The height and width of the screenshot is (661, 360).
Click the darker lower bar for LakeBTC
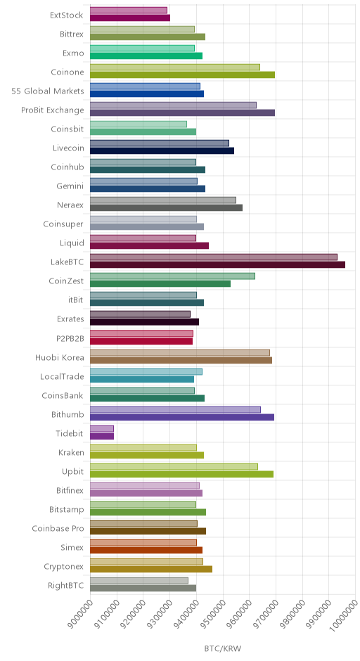(x=217, y=264)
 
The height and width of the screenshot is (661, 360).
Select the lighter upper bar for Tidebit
(x=102, y=429)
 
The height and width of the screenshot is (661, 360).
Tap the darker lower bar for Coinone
(x=183, y=75)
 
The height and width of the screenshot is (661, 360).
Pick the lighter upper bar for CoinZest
(x=172, y=276)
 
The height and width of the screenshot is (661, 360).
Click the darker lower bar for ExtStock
(x=130, y=18)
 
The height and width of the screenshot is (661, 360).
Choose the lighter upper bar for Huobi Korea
(x=180, y=353)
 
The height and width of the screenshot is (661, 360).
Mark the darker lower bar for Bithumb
(x=182, y=417)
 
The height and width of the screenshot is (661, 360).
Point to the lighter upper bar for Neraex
(x=163, y=200)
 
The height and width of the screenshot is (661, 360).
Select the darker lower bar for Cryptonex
(x=151, y=569)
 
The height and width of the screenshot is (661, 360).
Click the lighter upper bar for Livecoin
(x=160, y=143)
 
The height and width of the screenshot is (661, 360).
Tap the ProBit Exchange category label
(x=53, y=110)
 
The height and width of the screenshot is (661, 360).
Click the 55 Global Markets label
(x=48, y=91)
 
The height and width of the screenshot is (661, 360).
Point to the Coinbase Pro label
(x=58, y=529)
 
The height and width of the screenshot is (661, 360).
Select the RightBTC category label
(x=66, y=586)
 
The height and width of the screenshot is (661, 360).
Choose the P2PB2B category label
(x=70, y=338)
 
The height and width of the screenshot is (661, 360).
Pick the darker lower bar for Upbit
(x=181, y=474)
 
